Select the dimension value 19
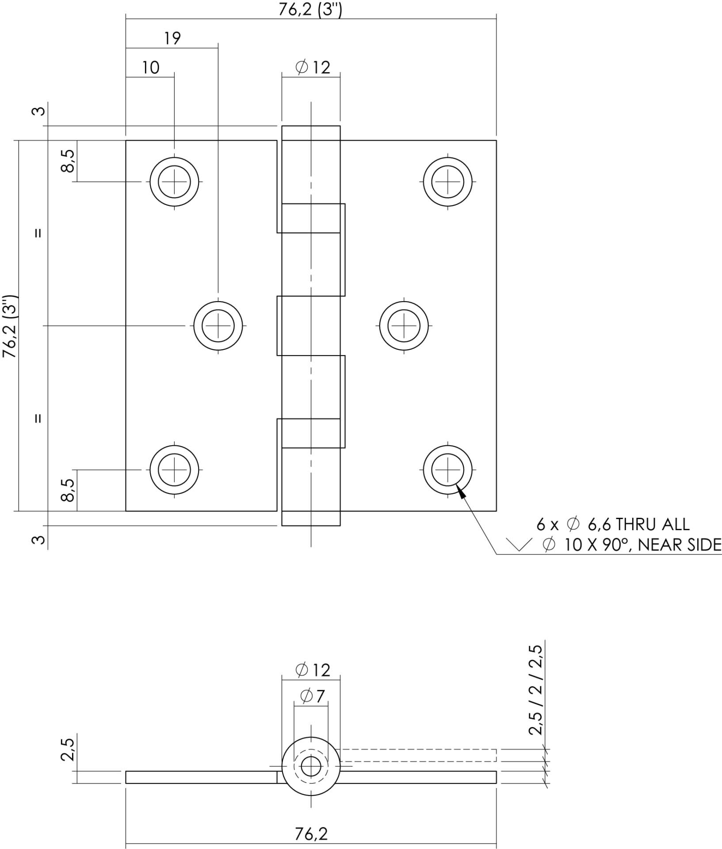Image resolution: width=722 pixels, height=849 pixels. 172,38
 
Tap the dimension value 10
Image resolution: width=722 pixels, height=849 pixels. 150,68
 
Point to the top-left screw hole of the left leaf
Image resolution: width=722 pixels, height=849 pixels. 174,181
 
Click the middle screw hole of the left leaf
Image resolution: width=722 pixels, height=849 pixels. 218,326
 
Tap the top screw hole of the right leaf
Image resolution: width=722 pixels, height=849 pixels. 448,181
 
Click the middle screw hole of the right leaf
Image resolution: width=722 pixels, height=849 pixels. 404,326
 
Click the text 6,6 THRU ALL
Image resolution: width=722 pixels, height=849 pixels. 638,525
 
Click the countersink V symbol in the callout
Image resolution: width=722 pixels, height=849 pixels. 519,545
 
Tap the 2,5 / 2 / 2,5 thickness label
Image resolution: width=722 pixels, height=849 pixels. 535,690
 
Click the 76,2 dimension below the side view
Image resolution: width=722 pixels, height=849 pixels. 311,834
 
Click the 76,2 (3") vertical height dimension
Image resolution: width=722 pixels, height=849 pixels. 10,326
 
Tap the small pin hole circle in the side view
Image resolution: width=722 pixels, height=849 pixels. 311,766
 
